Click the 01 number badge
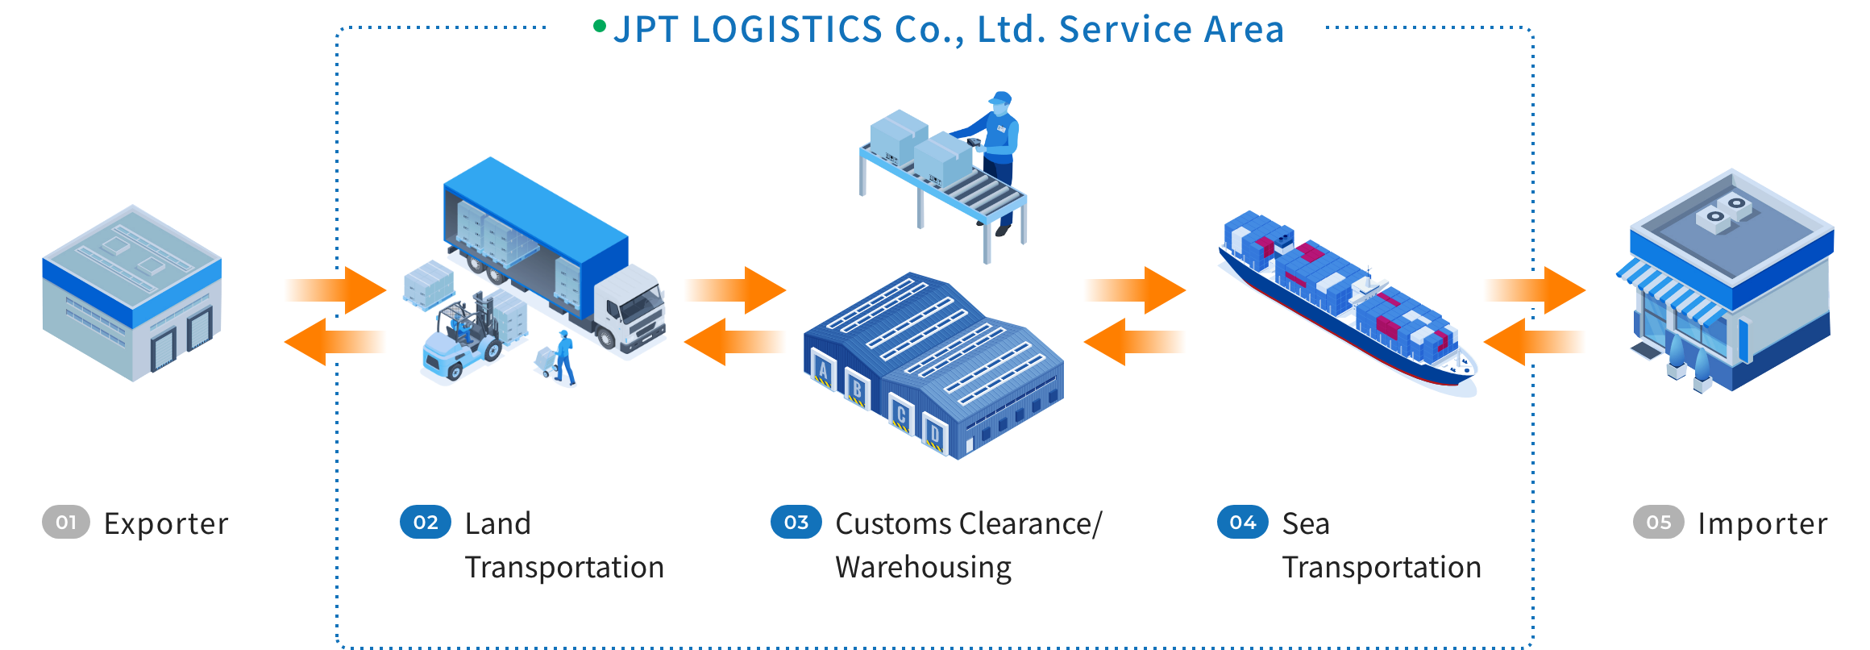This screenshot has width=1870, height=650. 65,523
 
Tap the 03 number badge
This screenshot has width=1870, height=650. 796,523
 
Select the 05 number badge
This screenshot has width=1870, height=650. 1658,523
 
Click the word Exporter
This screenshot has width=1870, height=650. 166,524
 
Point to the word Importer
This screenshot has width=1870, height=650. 1762,524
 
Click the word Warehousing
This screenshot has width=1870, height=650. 923,568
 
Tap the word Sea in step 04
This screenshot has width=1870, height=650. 1305,524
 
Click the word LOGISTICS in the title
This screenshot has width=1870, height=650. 787,30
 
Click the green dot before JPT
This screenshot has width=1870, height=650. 599,27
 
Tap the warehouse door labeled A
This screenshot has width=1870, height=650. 823,371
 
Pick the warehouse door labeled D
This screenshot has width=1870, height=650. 934,435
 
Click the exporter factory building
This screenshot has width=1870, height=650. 131,294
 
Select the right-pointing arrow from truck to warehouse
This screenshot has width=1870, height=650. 733,290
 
